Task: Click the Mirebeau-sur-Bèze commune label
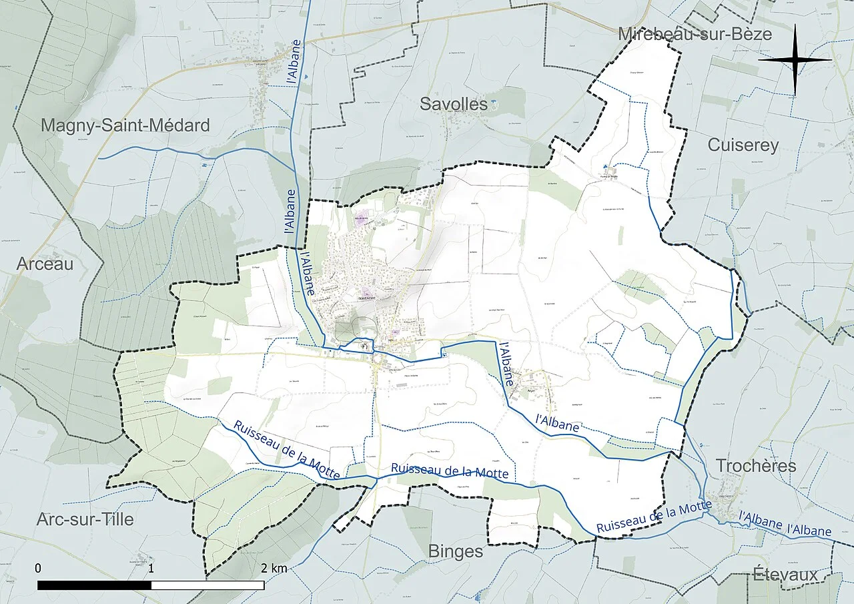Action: tap(695, 34)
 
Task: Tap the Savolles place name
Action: tap(454, 104)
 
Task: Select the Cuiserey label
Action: tap(743, 145)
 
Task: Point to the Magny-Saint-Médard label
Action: tap(125, 125)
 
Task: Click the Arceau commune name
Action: tap(45, 264)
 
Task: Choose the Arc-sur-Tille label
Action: tap(85, 519)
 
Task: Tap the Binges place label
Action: tap(455, 551)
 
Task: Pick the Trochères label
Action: tap(756, 465)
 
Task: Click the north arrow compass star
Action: tap(795, 59)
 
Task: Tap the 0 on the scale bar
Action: tap(38, 568)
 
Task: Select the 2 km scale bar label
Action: tap(274, 568)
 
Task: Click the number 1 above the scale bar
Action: tap(151, 568)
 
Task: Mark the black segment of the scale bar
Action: tap(94, 585)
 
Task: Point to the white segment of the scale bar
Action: tap(207, 585)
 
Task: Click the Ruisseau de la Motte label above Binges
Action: tap(450, 471)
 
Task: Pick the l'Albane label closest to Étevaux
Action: tap(809, 531)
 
